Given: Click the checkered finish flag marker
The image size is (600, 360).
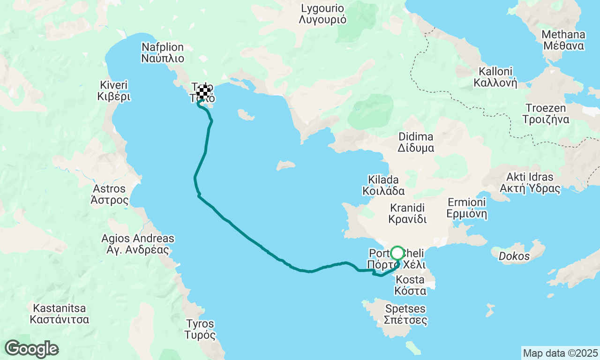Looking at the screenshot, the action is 203,92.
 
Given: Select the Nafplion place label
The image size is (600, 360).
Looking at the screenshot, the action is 162,53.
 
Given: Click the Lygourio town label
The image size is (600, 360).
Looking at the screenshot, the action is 322,14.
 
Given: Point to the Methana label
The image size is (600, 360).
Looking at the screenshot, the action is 563,40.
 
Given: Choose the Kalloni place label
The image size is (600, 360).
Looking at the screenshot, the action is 497,77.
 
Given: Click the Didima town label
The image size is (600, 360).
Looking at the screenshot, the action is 416,142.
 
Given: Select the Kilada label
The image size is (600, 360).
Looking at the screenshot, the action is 383,185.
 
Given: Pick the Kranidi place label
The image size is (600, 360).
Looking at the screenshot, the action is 407,213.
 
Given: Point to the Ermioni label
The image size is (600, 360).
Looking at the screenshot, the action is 467,208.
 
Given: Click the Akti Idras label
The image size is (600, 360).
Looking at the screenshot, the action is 530,183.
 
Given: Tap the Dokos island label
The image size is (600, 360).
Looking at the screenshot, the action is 514,256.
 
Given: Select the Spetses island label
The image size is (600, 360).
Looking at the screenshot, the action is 405,315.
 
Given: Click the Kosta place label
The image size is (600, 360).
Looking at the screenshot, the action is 410,285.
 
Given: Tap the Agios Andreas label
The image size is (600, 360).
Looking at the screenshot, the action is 137,244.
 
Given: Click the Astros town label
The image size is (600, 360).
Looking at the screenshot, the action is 109,194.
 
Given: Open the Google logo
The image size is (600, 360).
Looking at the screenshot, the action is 31,349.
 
